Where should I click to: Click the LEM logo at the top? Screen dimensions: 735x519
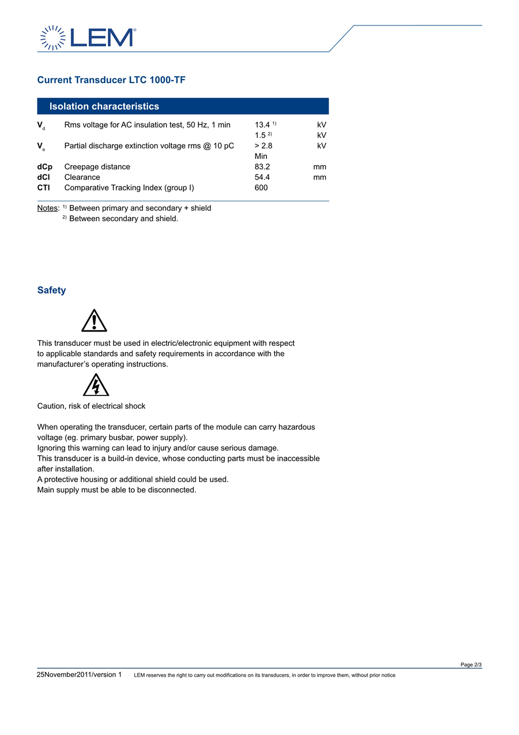pyautogui.click(x=88, y=38)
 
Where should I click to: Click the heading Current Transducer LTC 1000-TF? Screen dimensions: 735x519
pyautogui.click(x=111, y=80)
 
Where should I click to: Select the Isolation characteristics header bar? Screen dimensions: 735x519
pyautogui.click(x=183, y=106)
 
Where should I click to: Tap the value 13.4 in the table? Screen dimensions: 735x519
pyautogui.click(x=262, y=125)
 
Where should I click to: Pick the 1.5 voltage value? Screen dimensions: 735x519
pyautogui.click(x=260, y=135)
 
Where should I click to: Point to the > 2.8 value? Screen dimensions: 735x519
pyautogui.click(x=264, y=145)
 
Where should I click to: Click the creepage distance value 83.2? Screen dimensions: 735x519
pyautogui.click(x=262, y=167)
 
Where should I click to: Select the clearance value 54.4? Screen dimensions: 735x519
pyautogui.click(x=262, y=177)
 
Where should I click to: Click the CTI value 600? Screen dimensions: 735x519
pyautogui.click(x=261, y=188)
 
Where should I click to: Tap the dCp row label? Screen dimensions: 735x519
pyautogui.click(x=45, y=167)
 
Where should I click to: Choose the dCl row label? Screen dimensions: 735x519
pyautogui.click(x=44, y=177)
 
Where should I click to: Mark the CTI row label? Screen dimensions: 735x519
pyautogui.click(x=44, y=188)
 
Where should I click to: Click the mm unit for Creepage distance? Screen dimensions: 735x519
pyautogui.click(x=320, y=167)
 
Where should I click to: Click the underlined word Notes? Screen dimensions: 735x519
pyautogui.click(x=48, y=208)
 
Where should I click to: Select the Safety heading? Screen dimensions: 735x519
pyautogui.click(x=51, y=290)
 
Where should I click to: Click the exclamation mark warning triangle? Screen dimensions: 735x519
pyautogui.click(x=94, y=321)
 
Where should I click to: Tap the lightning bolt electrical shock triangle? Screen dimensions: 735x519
pyautogui.click(x=96, y=385)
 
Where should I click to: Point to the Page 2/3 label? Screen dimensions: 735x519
pyautogui.click(x=471, y=665)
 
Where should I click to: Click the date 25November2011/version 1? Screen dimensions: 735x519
pyautogui.click(x=80, y=674)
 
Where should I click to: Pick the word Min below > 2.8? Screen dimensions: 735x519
pyautogui.click(x=261, y=156)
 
